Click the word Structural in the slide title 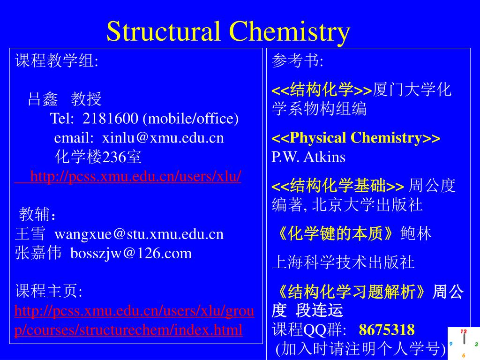click(164, 31)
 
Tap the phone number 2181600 click(110, 119)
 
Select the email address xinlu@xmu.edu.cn click(163, 138)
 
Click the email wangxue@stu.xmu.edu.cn click(139, 234)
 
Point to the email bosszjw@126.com click(131, 253)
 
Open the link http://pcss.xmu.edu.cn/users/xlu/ click(136, 176)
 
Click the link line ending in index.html click(129, 330)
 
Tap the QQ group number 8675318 click(387, 330)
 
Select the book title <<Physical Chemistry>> click(356, 138)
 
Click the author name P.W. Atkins click(308, 157)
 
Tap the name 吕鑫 click(43, 99)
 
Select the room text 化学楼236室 click(98, 157)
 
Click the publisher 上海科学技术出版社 click(344, 262)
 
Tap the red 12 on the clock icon click(463, 331)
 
